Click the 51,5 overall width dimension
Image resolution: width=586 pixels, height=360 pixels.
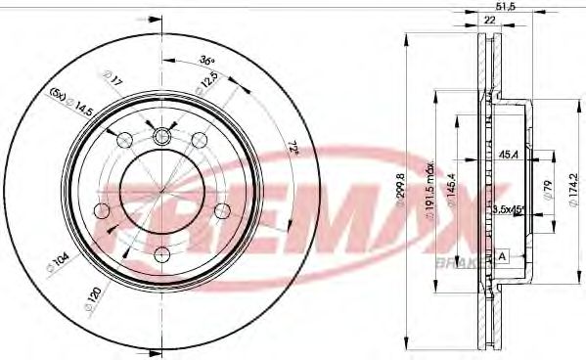click(x=506, y=6)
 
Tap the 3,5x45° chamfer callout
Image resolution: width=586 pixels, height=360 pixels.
click(x=506, y=208)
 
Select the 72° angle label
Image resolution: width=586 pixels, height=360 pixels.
click(x=292, y=148)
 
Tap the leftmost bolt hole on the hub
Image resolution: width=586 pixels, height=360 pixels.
click(x=101, y=210)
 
